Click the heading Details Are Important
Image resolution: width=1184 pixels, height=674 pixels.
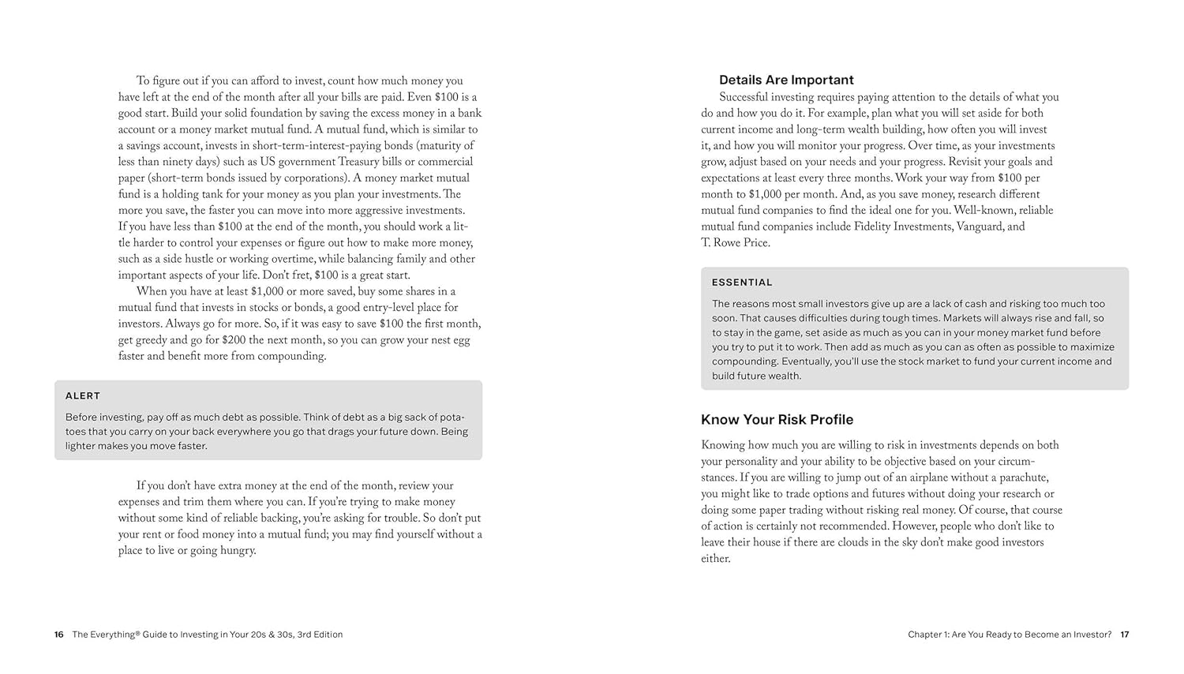(786, 80)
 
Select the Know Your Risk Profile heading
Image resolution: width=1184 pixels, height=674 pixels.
(777, 420)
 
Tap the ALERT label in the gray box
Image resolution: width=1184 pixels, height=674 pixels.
(83, 395)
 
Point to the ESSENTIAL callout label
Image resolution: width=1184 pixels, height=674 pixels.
(742, 283)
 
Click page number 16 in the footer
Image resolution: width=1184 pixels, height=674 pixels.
(59, 635)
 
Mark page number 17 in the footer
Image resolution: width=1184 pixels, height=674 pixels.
(1125, 635)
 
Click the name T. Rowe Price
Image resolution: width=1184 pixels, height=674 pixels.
(735, 243)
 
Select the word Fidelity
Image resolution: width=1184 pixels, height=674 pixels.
(878, 227)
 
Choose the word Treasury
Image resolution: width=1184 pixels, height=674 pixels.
(375, 162)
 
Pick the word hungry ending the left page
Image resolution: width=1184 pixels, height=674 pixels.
(238, 551)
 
